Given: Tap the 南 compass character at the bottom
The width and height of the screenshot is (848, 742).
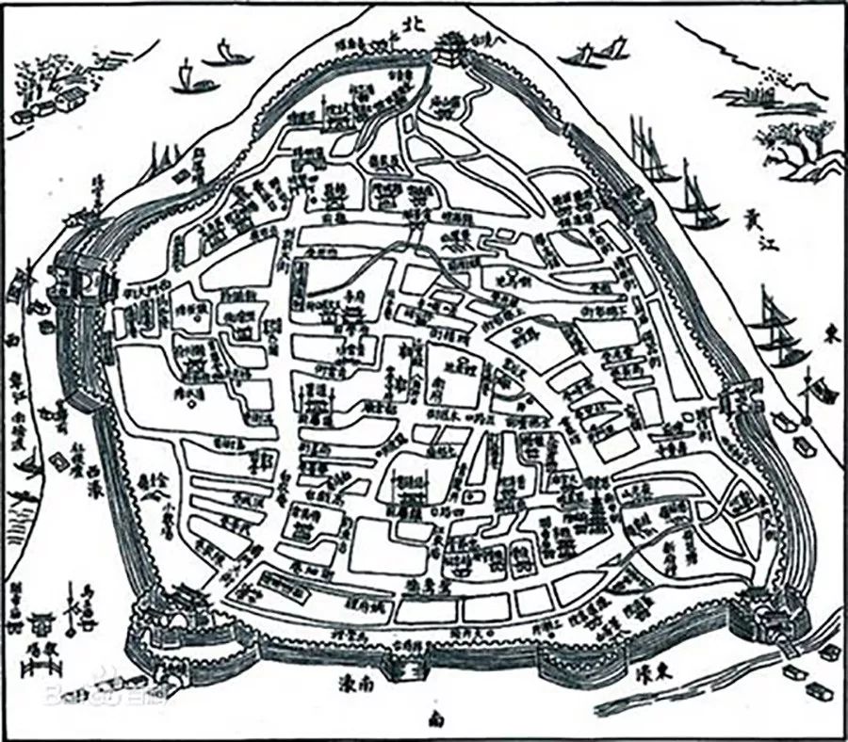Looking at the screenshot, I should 435,720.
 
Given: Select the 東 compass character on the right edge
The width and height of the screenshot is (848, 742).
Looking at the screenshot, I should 830,333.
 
